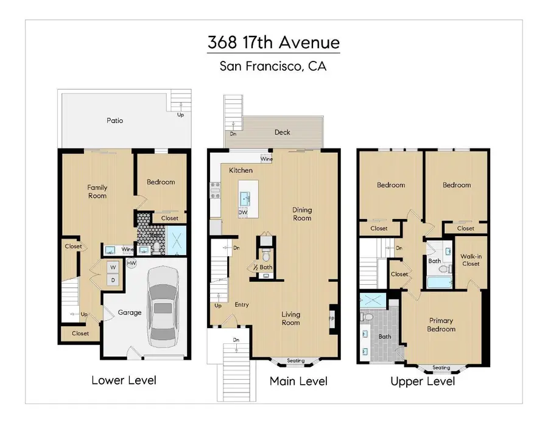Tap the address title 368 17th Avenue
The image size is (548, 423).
point(273,44)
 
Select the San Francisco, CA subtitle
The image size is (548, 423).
point(273,66)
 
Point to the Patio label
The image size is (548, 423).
point(114,121)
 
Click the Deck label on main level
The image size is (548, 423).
point(283,132)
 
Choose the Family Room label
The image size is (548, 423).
point(97,192)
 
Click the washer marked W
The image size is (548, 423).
point(113,267)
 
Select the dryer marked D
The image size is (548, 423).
point(113,279)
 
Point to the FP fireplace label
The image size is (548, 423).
point(332,318)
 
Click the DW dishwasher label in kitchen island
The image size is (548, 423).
point(243,212)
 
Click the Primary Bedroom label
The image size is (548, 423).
point(441,325)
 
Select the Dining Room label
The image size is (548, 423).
point(301,214)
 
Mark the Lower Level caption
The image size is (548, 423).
point(124,380)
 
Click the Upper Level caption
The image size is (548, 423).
point(423,382)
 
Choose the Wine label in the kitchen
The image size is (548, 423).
point(267,159)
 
